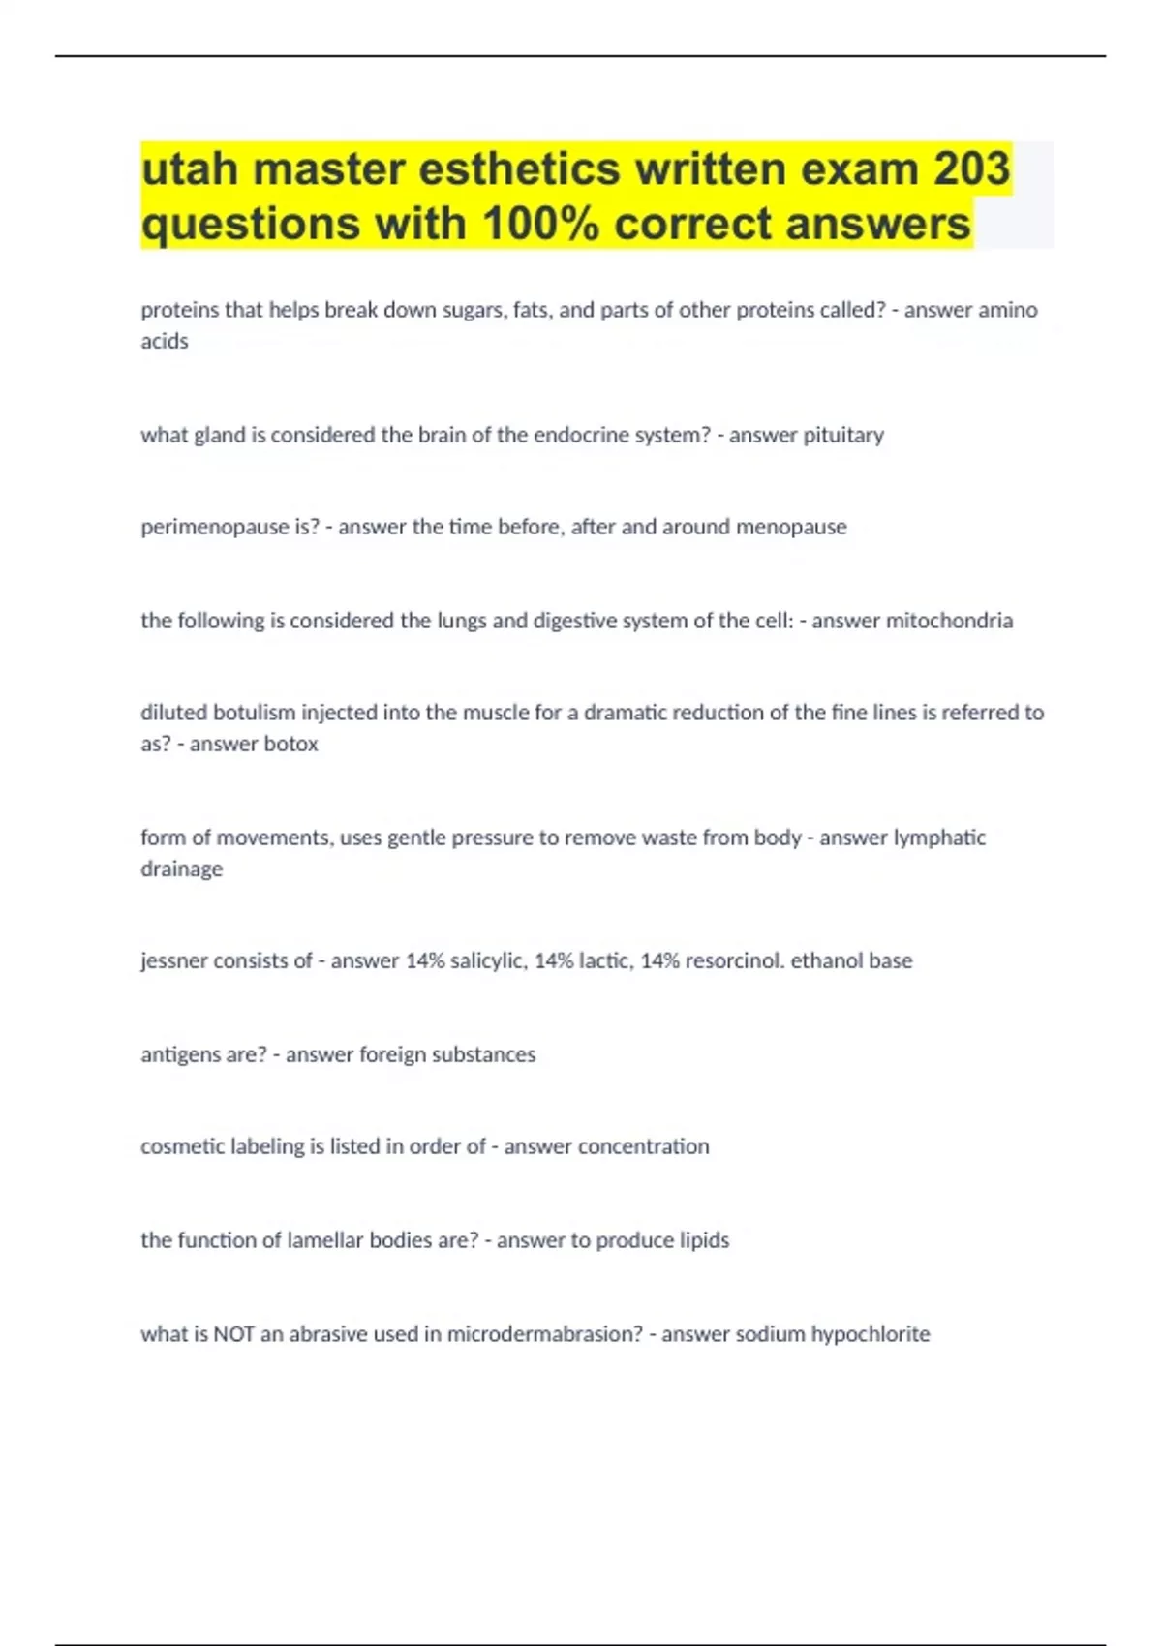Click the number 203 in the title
971,168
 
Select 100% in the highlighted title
541,224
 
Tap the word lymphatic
938,838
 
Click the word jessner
173,961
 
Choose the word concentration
643,1146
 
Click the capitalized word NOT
233,1334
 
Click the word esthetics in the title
519,168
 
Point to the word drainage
181,869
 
